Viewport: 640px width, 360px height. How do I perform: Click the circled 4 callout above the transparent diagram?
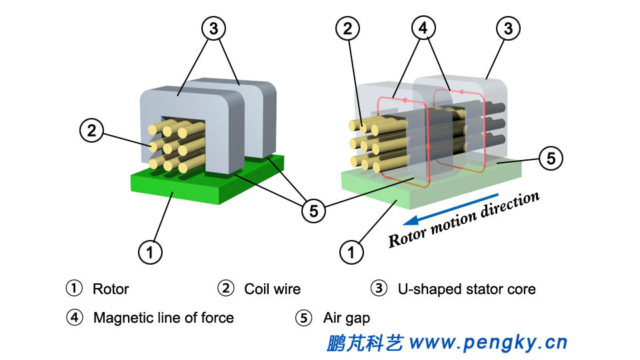pos(425,28)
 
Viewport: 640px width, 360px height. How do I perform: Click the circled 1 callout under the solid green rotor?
pos(150,251)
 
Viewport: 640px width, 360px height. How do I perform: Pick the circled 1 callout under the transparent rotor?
pos(352,251)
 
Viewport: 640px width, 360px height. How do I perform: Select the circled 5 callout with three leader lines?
pos(313,211)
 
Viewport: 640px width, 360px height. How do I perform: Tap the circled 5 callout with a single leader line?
pos(551,158)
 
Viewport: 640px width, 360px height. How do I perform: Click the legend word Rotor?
pos(111,289)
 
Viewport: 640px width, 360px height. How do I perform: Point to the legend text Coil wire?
pos(272,289)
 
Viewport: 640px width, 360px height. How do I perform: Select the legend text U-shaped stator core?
pos(466,289)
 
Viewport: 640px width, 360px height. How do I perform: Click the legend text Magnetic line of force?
pos(163,318)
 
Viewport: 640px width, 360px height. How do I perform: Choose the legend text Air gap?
pos(346,318)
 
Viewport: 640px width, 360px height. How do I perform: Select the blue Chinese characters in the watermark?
pos(365,343)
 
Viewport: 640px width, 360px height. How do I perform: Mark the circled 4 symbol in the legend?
pos(75,318)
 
